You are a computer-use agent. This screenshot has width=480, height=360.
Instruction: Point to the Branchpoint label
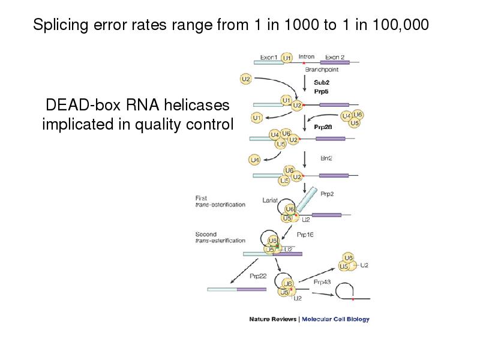pos(322,70)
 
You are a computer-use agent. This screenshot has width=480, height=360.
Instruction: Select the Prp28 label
pos(323,127)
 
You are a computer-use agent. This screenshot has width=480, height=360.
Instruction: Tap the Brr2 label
pos(326,158)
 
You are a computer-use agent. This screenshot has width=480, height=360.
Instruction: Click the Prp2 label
pos(326,193)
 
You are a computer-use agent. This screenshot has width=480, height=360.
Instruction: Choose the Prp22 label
pos(259,277)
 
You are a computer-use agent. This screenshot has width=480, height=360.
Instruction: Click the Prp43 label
pos(323,280)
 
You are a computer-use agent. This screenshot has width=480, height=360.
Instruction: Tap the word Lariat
pos(270,201)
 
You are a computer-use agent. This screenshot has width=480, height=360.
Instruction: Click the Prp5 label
pos(322,91)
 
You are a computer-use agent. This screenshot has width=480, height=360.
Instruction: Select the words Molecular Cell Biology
pos(335,319)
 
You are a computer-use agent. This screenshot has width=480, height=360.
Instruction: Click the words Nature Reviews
pos(272,319)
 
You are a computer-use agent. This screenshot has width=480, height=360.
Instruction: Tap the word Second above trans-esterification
pos(206,234)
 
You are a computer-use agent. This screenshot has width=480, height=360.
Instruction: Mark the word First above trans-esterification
pos(202,198)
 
